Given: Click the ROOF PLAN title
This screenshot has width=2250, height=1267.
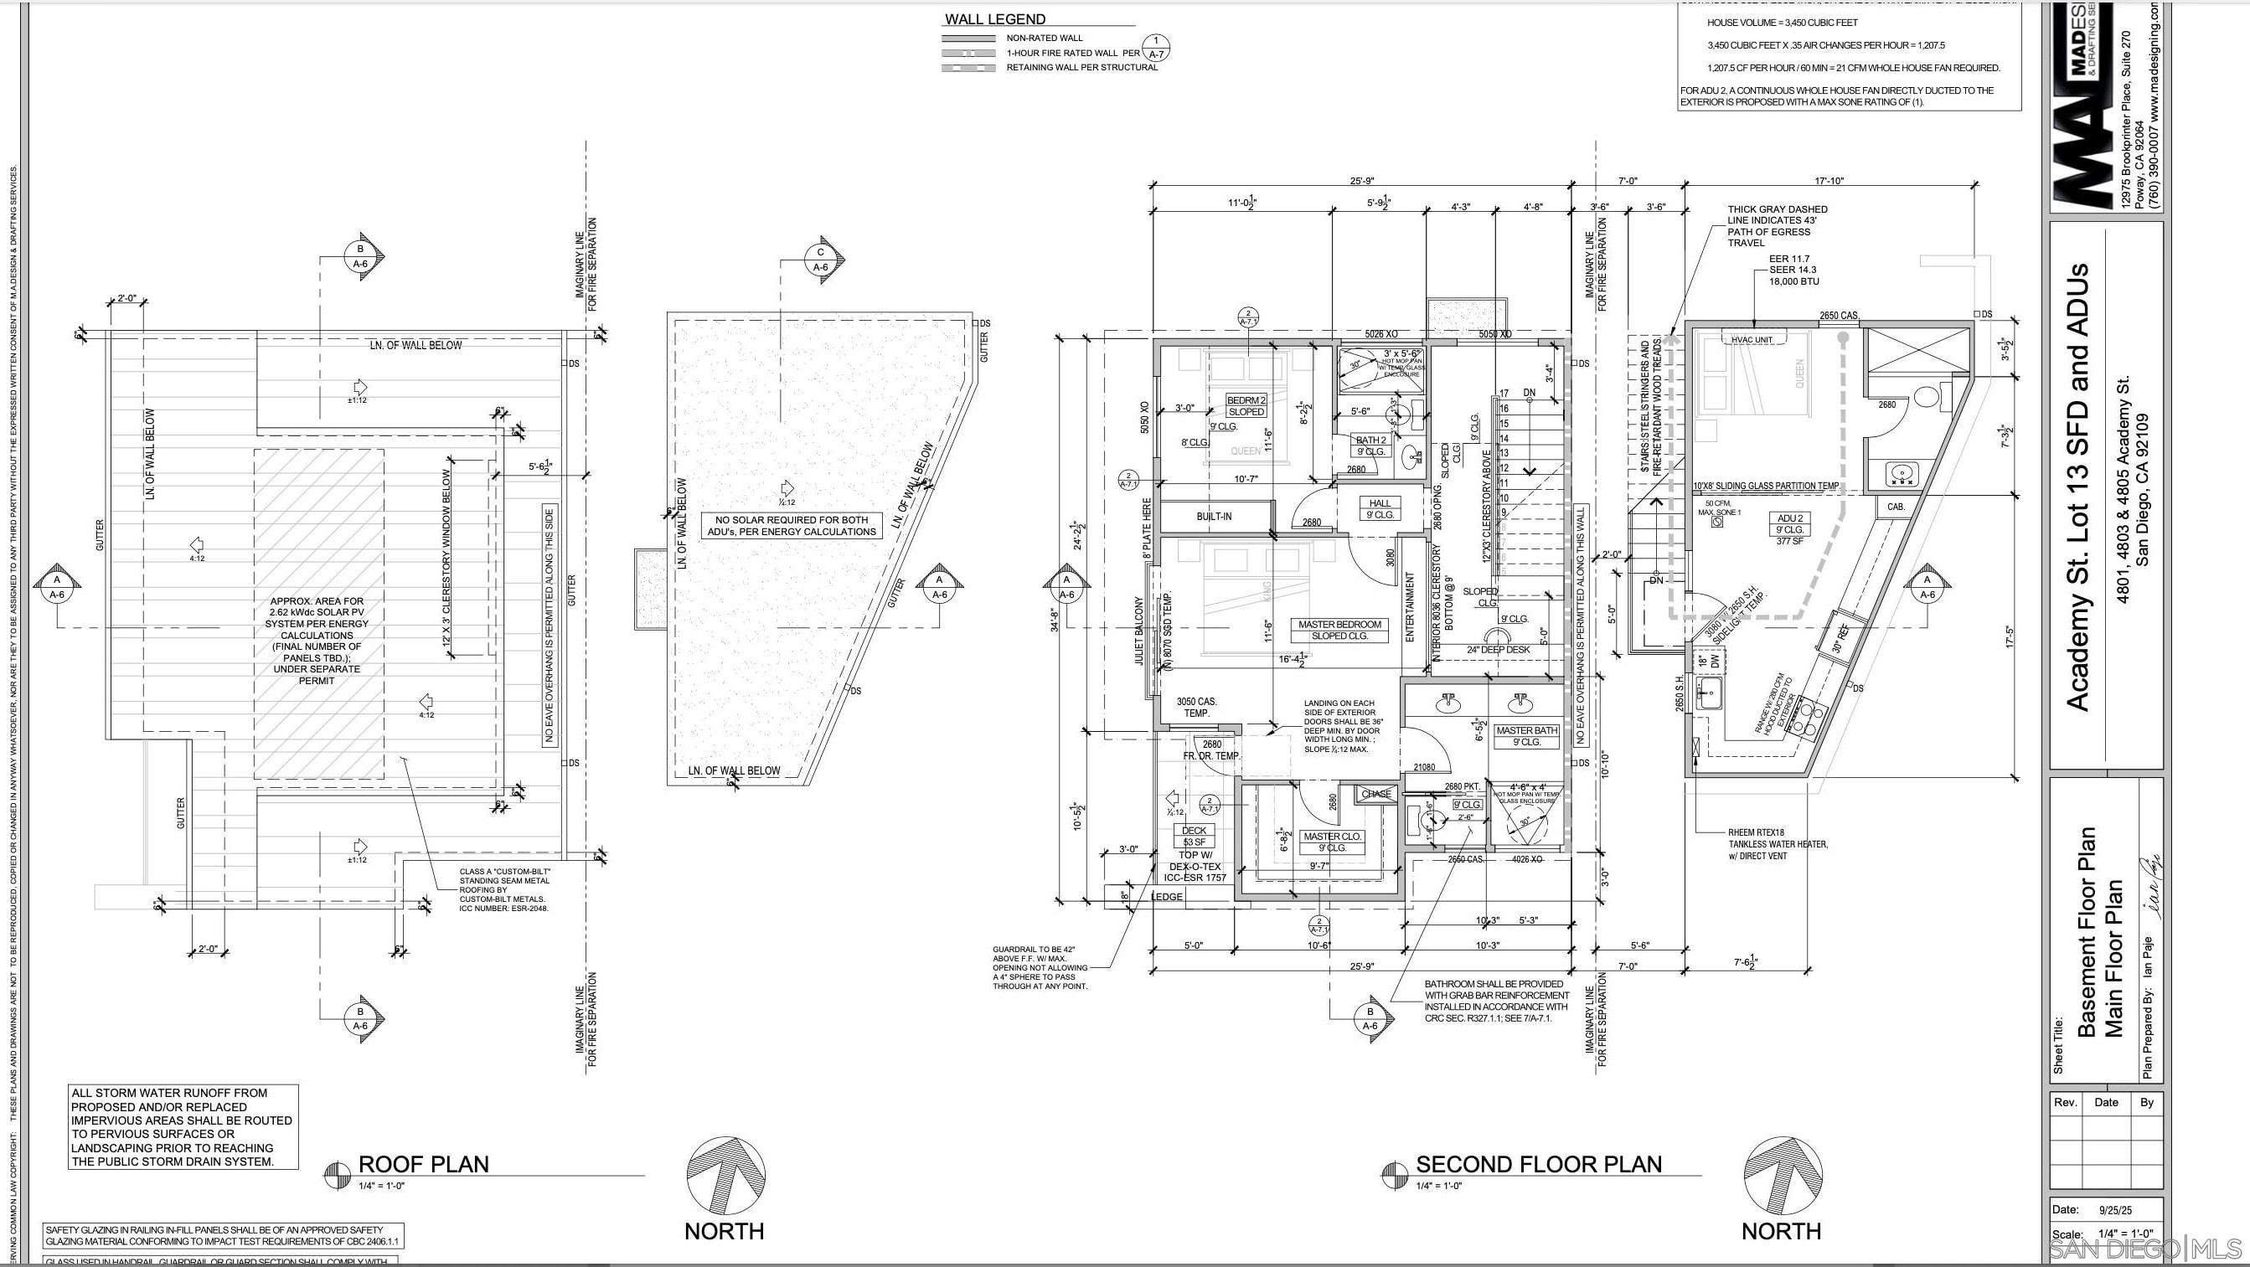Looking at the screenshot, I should point(424,1164).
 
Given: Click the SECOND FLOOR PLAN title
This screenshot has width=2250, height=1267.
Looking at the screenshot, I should point(1538,1164).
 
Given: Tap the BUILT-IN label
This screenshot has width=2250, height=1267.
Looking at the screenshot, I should point(1213,516).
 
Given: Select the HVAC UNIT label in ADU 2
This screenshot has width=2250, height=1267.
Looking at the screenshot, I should point(1752,340).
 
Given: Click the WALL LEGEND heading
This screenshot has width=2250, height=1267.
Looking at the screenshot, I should point(995,19).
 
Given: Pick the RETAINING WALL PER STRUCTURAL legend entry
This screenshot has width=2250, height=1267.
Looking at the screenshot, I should point(1081,67).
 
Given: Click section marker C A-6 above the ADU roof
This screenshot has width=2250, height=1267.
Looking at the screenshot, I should point(820,260).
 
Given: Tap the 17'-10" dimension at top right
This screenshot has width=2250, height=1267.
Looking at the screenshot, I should point(1828,182).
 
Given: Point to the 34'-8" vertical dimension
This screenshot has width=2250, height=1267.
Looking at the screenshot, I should point(1055,619).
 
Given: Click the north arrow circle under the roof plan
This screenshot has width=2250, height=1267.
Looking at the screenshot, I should point(725,1176).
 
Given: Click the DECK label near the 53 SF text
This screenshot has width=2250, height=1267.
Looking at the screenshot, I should point(1193,831).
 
